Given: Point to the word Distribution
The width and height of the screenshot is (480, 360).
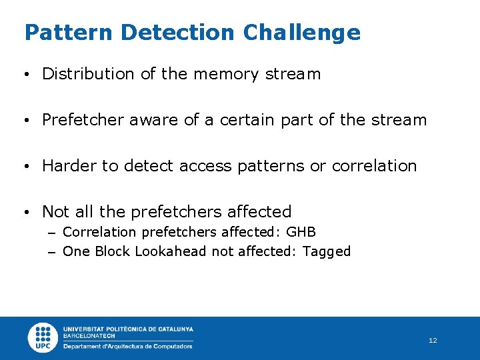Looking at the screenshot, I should [x=89, y=74].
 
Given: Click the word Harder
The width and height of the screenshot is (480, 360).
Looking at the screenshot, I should [x=69, y=166].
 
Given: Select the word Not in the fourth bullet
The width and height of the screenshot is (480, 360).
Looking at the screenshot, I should [x=55, y=212].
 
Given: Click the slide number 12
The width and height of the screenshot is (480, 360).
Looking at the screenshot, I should [x=433, y=341].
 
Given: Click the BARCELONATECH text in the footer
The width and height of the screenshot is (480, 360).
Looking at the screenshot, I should [x=89, y=336].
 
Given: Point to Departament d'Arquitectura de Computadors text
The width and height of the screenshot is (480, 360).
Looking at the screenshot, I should [x=127, y=346].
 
